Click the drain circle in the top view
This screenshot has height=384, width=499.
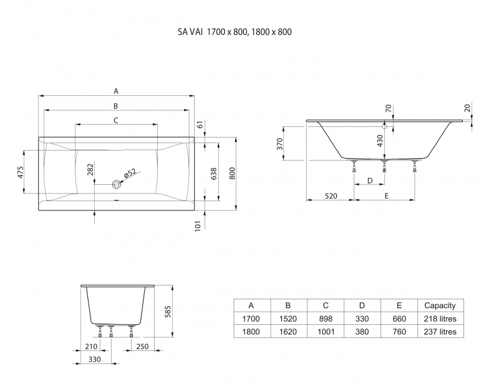pyautogui.click(x=116, y=184)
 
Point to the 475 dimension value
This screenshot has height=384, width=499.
pyautogui.click(x=20, y=172)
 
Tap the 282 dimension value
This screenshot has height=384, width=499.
pyautogui.click(x=89, y=170)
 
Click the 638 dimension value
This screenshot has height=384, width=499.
pyautogui.click(x=215, y=172)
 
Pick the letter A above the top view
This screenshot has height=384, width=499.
pyautogui.click(x=116, y=91)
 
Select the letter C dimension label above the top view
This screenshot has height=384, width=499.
pyautogui.click(x=116, y=119)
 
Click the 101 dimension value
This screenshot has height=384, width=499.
pyautogui.click(x=198, y=226)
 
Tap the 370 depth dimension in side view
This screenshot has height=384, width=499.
pyautogui.click(x=280, y=144)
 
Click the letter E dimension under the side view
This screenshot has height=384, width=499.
pyautogui.click(x=387, y=196)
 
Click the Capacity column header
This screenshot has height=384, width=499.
pyautogui.click(x=440, y=306)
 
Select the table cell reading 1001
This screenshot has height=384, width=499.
pyautogui.click(x=325, y=332)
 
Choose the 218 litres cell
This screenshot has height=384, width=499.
pyautogui.click(x=440, y=319)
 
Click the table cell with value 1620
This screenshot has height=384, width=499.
pyautogui.click(x=288, y=332)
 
